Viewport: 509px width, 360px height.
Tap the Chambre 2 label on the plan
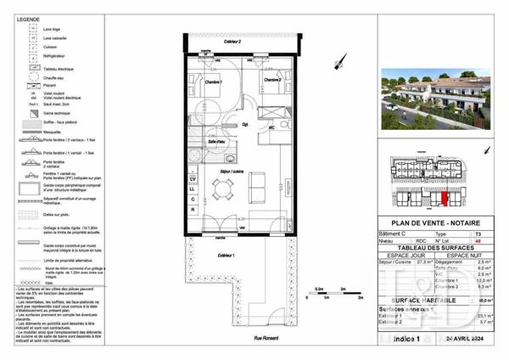click(x=271, y=80)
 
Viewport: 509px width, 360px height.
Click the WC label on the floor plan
click(x=271, y=127)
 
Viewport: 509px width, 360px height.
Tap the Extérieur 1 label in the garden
click(x=225, y=255)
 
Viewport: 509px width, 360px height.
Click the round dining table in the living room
click(x=224, y=191)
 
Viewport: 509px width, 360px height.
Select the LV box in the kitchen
click(x=193, y=179)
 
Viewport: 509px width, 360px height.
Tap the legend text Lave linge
click(x=52, y=30)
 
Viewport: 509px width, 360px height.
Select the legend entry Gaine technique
click(x=56, y=112)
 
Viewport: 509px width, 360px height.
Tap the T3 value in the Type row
click(x=478, y=233)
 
